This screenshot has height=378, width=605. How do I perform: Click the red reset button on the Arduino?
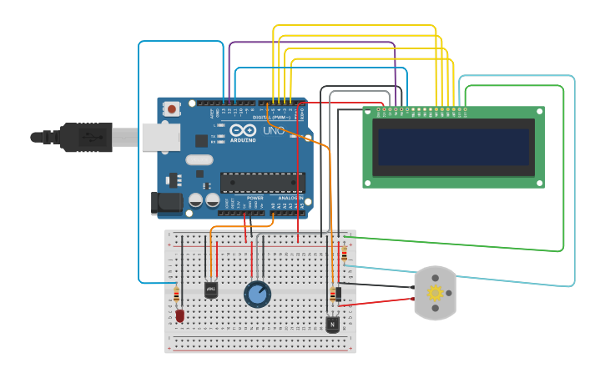pos(172,108)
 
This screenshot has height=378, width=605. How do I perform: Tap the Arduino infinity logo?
pos(242,131)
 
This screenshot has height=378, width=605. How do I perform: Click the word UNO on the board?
pos(273,131)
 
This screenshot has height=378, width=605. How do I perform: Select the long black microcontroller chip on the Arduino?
pos(262,182)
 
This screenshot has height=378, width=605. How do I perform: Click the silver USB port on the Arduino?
pos(160,137)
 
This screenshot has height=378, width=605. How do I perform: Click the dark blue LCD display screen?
pos(453,147)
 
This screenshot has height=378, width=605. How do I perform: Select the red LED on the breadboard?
pos(179,315)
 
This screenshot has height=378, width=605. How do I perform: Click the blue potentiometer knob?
pos(257,294)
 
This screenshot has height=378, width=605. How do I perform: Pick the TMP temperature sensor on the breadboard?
pos(211,289)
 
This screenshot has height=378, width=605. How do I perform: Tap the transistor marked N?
pos(332,324)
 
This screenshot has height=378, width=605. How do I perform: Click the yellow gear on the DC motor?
pos(435,293)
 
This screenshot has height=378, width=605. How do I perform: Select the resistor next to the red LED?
pos(176,295)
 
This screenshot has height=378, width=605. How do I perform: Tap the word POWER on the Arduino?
pos(244,198)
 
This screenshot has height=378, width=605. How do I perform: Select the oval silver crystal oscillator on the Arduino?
pos(199,159)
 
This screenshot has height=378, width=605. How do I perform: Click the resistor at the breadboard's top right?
pos(345,254)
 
